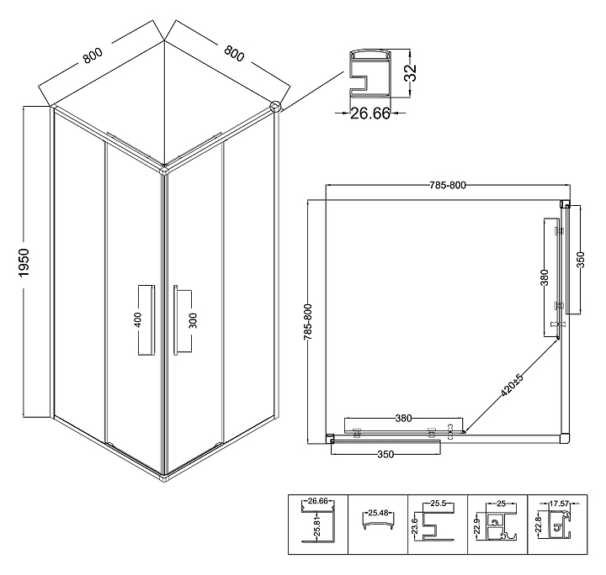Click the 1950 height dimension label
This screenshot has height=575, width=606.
tap(24, 263)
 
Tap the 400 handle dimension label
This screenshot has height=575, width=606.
tap(137, 320)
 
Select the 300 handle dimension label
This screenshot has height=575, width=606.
tap(194, 320)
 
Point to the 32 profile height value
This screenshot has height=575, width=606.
tap(410, 72)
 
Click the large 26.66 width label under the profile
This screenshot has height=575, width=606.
tap(370, 113)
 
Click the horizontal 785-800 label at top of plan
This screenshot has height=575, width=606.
tap(448, 185)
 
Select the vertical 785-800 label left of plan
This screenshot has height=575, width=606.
tap(308, 322)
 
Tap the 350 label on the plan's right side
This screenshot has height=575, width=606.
tap(581, 259)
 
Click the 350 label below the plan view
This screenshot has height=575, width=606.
tap(385, 454)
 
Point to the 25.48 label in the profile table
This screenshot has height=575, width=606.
tap(378, 513)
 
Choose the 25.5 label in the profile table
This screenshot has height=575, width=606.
tap(439, 504)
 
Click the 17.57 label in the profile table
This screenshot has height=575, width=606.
tap(559, 504)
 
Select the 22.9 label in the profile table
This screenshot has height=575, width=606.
tap(476, 526)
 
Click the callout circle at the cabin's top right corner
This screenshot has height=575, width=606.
tap(275, 106)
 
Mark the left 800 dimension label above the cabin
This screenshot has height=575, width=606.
tap(93, 55)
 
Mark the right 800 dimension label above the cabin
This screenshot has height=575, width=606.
tap(234, 54)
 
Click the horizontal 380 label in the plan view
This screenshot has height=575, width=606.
tap(403, 418)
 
